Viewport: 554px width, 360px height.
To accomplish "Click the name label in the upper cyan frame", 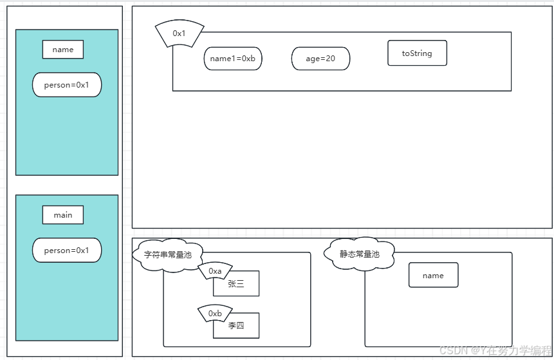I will (63, 50).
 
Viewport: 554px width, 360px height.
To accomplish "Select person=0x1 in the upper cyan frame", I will (67, 85).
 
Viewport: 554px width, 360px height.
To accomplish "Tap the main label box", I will (63, 215).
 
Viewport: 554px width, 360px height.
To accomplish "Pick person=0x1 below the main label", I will (67, 251).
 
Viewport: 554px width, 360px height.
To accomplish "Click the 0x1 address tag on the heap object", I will (180, 33).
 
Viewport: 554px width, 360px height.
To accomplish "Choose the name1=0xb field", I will (233, 59).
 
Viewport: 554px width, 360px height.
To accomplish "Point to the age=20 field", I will (320, 59).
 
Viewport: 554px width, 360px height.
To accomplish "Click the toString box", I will (417, 53).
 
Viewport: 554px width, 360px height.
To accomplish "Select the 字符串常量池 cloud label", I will (167, 254).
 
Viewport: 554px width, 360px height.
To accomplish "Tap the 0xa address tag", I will (215, 272).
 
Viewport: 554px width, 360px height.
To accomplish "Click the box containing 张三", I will (236, 284).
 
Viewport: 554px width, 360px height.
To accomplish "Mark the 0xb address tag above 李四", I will (215, 314).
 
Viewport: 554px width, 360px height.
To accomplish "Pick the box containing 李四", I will (236, 326).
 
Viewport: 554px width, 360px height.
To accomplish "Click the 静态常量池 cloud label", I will (360, 254).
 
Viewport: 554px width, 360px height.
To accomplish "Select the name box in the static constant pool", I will (433, 276).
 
